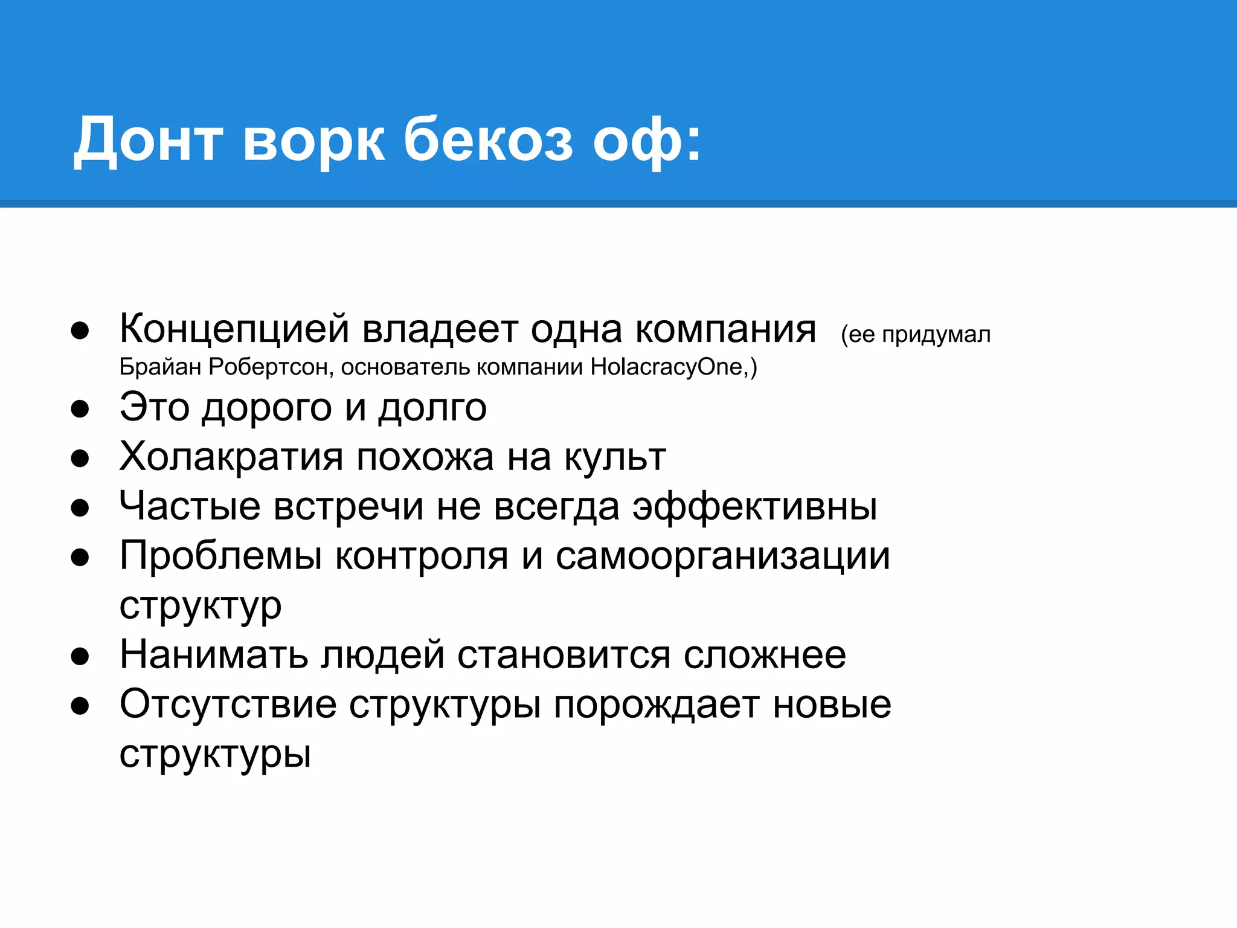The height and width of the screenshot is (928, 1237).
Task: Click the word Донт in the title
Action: point(148,140)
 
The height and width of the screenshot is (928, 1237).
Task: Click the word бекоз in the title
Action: point(488,140)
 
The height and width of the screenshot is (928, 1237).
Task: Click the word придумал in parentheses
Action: point(936,335)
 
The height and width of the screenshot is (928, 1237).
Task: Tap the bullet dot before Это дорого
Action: point(80,409)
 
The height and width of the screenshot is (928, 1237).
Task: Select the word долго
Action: point(432,408)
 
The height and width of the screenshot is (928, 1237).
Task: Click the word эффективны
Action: point(755,506)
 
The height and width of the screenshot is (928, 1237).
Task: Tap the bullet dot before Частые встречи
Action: point(80,508)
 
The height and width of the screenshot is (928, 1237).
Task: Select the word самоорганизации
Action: point(722,556)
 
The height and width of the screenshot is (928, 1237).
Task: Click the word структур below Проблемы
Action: point(201,606)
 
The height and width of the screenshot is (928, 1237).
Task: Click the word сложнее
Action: point(765,655)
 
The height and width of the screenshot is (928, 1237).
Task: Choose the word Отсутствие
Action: point(228,704)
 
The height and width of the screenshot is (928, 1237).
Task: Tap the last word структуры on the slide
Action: point(215,755)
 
